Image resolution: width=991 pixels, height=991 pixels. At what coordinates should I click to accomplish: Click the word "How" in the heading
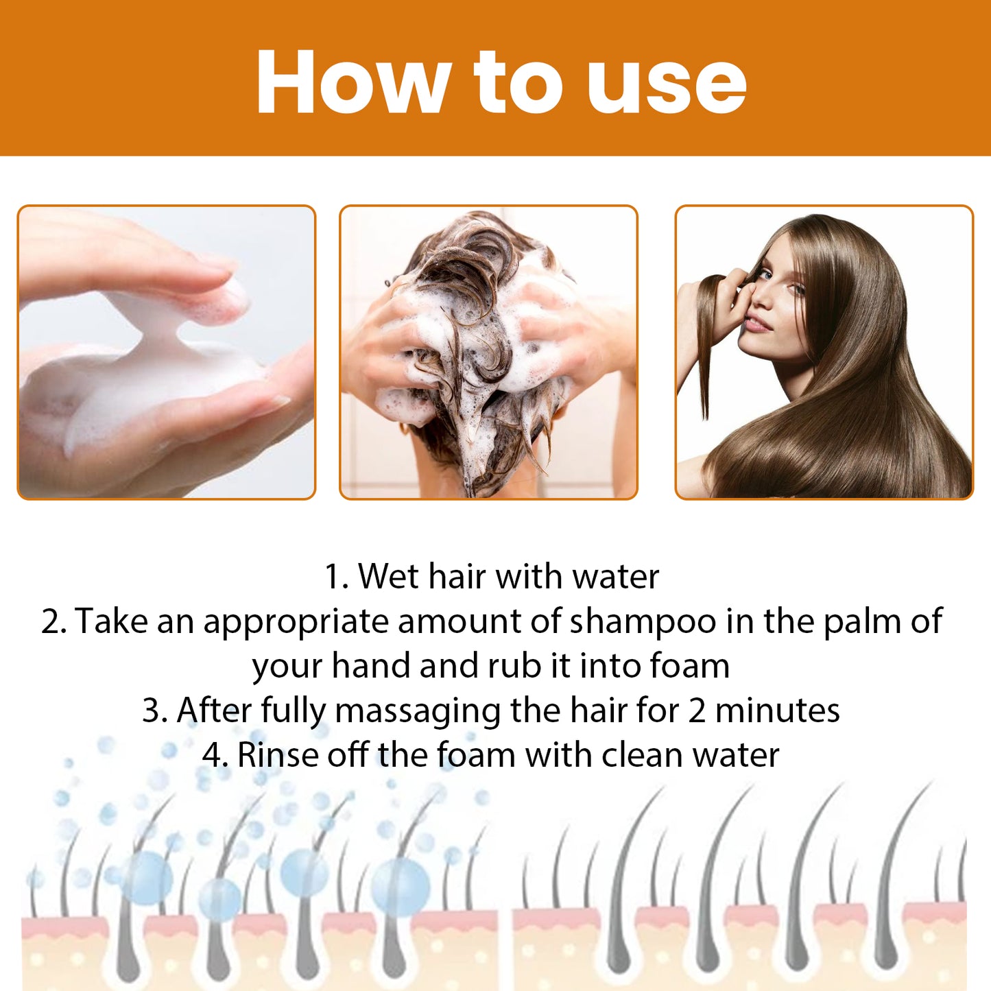[353, 82]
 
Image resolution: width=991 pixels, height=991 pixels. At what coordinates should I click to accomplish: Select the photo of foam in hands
[166, 352]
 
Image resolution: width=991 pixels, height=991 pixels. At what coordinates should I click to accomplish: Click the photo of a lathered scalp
[488, 352]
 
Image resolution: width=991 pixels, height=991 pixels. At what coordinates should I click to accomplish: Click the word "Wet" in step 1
[388, 576]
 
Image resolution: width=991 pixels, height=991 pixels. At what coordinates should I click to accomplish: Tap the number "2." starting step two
[53, 621]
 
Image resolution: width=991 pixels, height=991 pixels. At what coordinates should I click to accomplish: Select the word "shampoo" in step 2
[643, 622]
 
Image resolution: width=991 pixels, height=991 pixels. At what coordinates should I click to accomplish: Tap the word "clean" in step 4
[642, 755]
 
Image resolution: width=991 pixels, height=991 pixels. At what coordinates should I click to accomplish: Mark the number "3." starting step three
[155, 711]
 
